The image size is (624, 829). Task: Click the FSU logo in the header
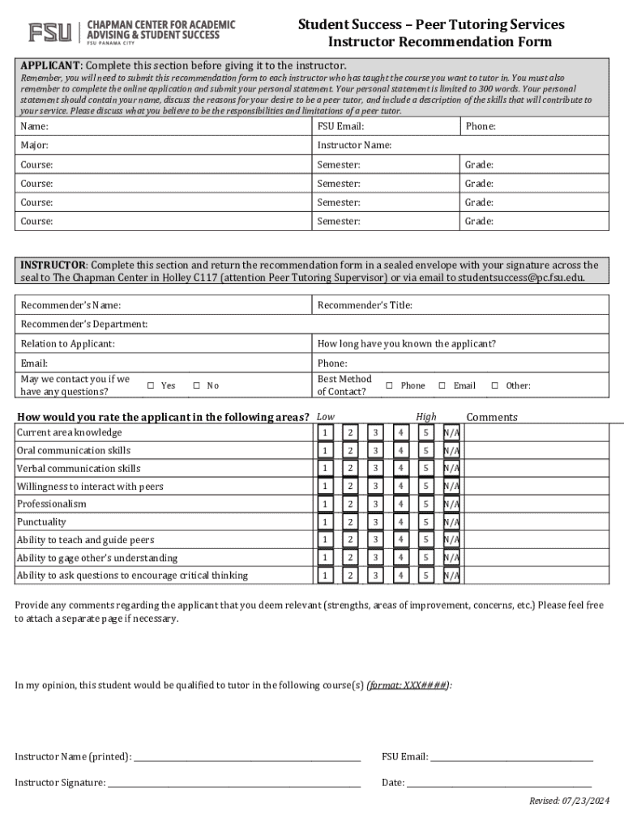50,32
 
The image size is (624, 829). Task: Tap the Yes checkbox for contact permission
151,385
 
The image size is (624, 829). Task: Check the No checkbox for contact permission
196,385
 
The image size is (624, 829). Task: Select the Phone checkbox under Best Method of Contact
390,385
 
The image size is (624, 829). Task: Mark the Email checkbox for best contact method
442,385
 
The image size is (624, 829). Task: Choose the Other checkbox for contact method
494,385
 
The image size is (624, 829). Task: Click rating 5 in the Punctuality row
425,522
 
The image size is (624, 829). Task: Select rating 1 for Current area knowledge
325,432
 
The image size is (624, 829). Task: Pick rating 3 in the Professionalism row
375,504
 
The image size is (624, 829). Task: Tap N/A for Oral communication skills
451,451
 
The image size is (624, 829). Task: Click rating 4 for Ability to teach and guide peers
400,540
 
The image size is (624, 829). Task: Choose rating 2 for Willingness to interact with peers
350,487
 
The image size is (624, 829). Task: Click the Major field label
35,145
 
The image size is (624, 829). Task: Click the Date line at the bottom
498,783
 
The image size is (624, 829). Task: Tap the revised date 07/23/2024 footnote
568,801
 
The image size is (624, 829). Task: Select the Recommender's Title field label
365,305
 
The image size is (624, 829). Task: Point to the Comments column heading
491,417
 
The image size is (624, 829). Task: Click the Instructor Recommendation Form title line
439,42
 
